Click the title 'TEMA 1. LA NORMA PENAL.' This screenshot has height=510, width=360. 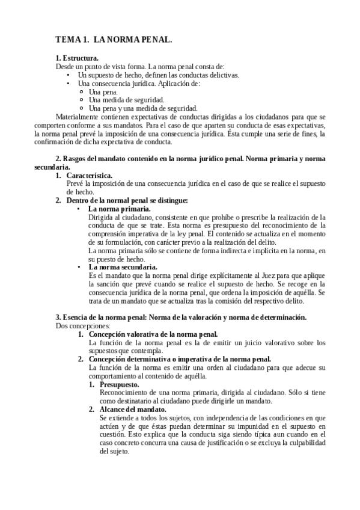coord(114,40)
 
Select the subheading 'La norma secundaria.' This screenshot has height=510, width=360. coord(123,266)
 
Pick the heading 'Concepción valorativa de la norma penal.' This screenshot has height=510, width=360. coord(153,334)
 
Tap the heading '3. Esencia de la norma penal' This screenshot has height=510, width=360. coord(180,317)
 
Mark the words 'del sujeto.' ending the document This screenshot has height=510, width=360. coord(115,451)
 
